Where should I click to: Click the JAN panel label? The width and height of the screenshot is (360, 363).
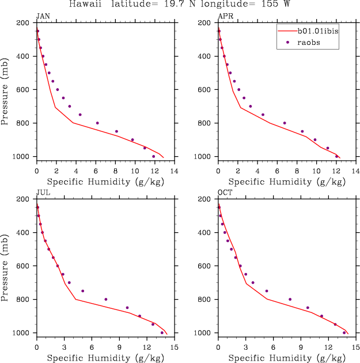tap(42, 16)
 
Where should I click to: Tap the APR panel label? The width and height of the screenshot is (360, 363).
tap(225, 16)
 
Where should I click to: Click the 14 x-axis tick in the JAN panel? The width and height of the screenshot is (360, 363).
tap(174, 171)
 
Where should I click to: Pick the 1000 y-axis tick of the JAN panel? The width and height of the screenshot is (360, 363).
tap(24, 157)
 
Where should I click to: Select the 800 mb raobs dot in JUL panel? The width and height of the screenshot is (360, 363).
tap(106, 299)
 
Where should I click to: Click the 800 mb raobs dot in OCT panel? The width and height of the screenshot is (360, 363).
tap(290, 299)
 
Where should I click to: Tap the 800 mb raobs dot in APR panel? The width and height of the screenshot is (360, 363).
tap(285, 123)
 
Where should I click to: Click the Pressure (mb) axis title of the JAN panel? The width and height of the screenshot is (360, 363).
tap(6, 89)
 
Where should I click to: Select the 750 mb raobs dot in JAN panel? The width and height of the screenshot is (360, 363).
tap(80, 115)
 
